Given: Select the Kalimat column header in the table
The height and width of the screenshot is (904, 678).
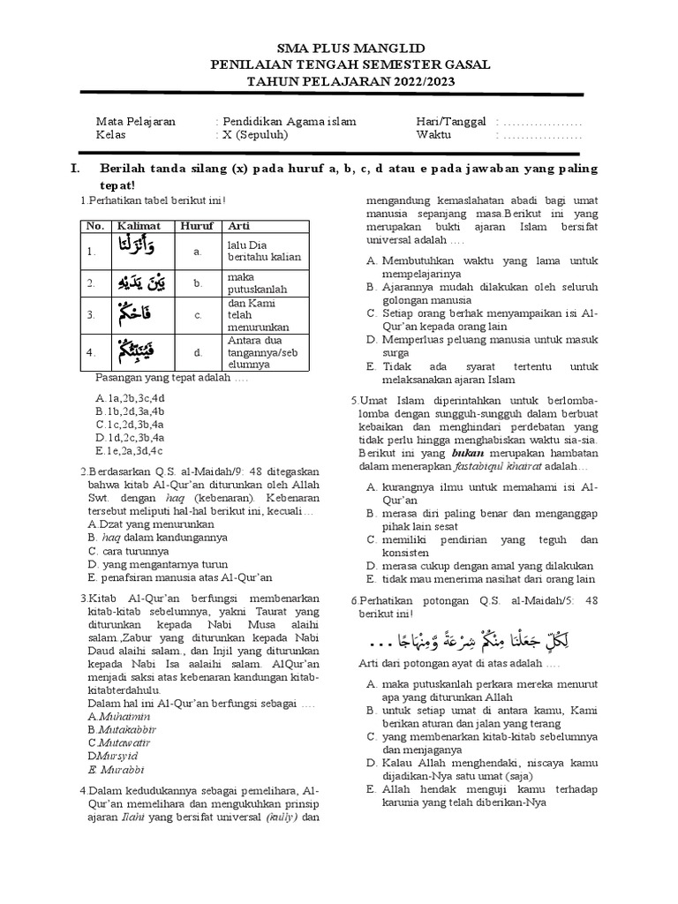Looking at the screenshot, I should [138, 226].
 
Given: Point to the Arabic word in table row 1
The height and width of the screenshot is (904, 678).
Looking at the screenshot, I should [138, 250].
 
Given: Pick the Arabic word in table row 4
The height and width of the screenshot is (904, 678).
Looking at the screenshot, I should [138, 350].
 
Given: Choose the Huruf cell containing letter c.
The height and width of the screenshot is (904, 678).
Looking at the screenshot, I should [199, 314].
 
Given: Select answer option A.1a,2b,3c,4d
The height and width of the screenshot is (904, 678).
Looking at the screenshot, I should [131, 398].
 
